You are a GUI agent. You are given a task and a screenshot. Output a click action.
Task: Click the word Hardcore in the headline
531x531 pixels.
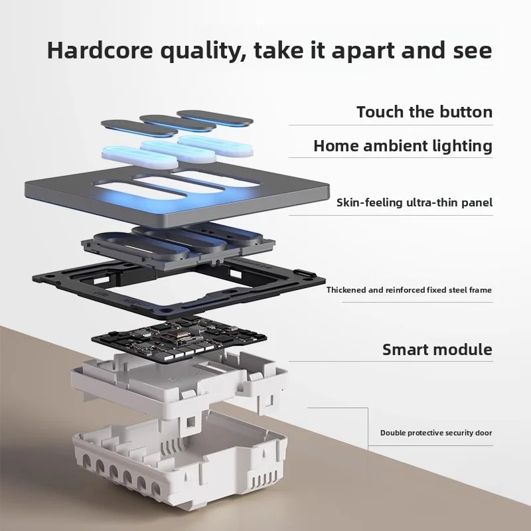coord(100,50)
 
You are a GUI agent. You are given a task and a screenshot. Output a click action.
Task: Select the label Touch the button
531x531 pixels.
coord(425,112)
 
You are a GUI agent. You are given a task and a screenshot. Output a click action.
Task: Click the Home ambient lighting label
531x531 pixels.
coord(403,145)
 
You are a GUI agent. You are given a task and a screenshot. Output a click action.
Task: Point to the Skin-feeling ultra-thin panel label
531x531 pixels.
coord(414,202)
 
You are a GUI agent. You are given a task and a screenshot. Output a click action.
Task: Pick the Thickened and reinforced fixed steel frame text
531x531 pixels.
coord(409,290)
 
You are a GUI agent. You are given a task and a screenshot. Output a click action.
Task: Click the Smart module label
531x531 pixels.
coord(437,350)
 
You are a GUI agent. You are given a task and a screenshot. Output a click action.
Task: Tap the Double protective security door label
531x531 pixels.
coord(436,433)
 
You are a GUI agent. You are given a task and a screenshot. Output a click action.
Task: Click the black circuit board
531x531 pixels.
coord(179,339)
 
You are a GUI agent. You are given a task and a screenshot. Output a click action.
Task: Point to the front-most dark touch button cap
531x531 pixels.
coord(139,128)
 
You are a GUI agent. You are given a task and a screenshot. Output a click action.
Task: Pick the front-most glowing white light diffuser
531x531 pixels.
coord(139,157)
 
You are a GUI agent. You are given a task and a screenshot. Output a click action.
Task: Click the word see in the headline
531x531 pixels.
coord(472,51)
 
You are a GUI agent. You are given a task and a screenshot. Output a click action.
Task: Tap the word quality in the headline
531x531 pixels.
coord(203,52)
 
